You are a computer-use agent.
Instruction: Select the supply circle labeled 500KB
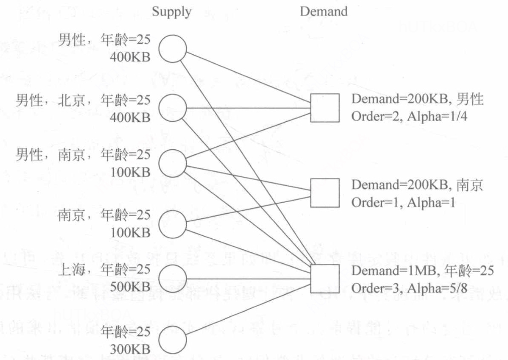(x=173, y=280)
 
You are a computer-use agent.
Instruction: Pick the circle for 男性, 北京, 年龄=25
(x=173, y=108)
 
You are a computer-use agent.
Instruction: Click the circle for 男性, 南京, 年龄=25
(x=173, y=163)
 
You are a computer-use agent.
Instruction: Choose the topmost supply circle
(x=173, y=49)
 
